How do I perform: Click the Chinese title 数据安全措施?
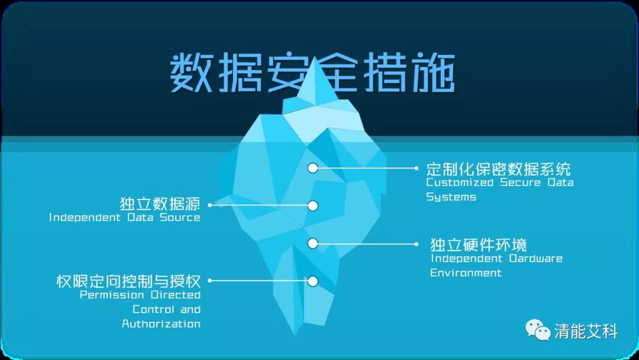click(x=312, y=74)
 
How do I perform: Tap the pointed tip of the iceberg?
click(x=314, y=57)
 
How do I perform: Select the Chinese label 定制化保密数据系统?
click(x=498, y=168)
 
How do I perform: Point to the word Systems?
click(x=451, y=197)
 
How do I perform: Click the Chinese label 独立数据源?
click(x=160, y=203)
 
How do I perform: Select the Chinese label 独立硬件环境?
click(x=479, y=244)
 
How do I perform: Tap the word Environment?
click(x=466, y=272)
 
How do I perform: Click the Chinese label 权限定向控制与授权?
click(x=128, y=281)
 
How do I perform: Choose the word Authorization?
click(x=161, y=324)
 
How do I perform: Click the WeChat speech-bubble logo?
click(x=538, y=329)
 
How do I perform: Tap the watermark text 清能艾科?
click(x=586, y=331)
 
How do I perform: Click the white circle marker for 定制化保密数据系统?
click(x=312, y=168)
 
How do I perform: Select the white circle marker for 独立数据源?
click(x=312, y=206)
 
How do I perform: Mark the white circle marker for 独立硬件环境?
click(x=312, y=243)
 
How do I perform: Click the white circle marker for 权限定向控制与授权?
click(x=312, y=281)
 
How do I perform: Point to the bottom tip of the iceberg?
click(x=295, y=335)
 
